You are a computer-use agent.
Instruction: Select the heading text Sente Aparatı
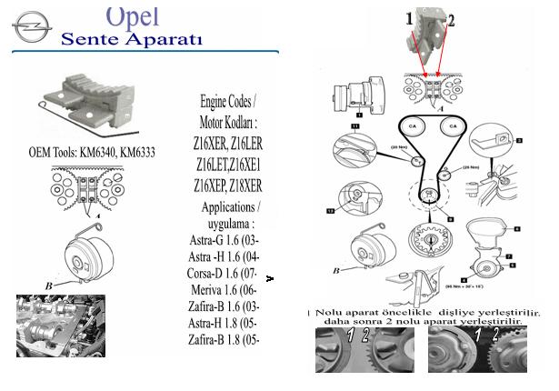pyautogui.click(x=132, y=39)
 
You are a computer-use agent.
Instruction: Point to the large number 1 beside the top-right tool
pyautogui.click(x=410, y=17)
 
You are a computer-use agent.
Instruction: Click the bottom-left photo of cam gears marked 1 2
pyautogui.click(x=364, y=350)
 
